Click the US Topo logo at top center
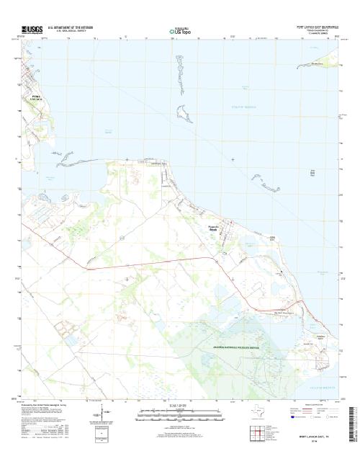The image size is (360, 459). [179, 32]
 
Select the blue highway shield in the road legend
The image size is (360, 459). [292, 416]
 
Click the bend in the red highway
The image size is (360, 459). [214, 257]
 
